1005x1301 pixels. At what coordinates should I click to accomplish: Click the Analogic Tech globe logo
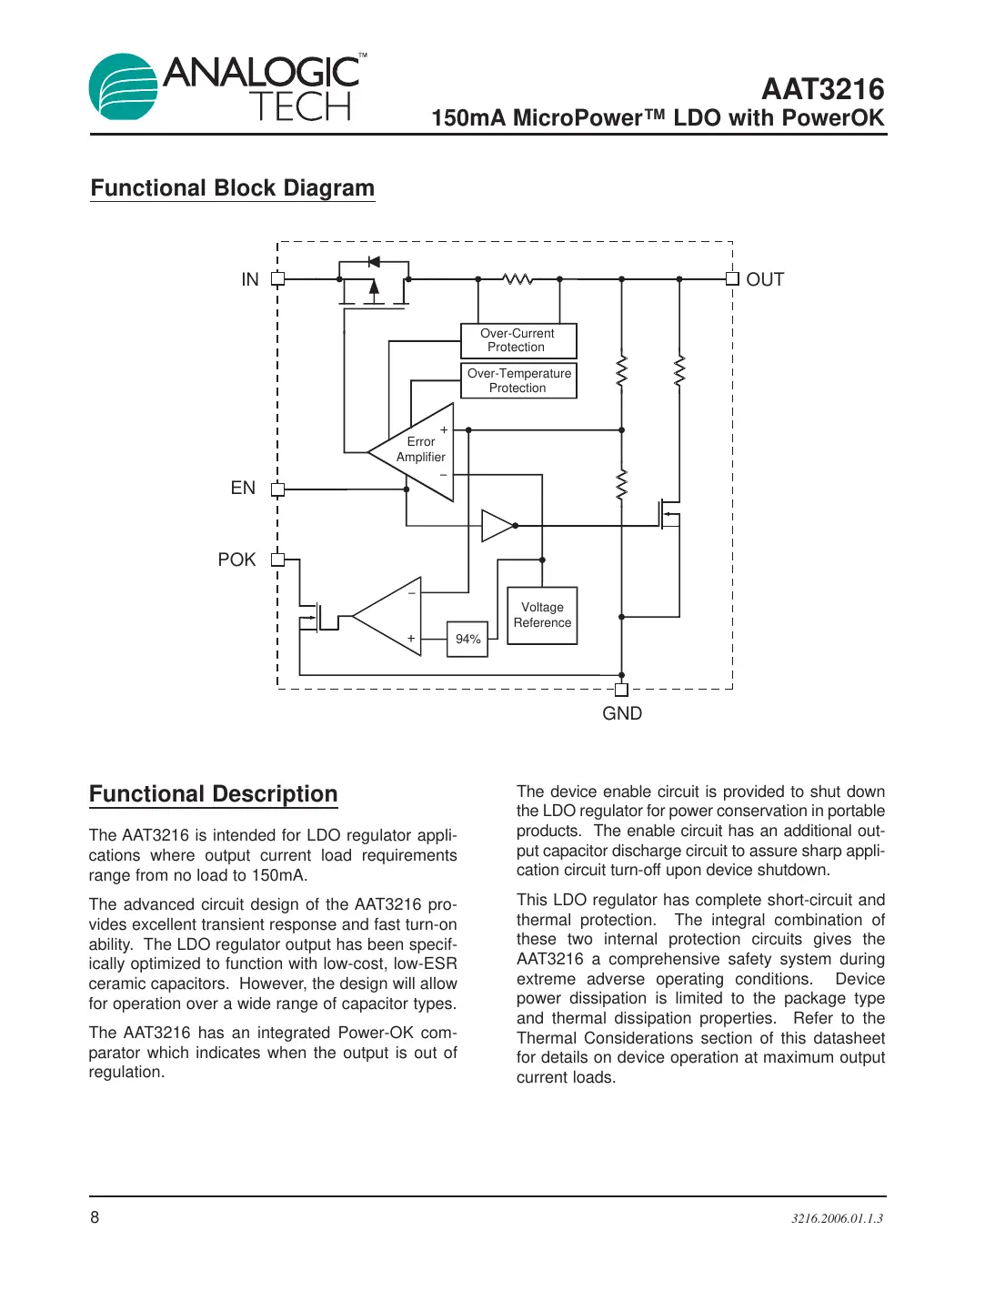coord(124,87)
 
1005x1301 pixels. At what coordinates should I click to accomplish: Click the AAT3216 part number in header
coord(822,89)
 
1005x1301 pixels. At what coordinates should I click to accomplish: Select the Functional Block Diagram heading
coord(232,188)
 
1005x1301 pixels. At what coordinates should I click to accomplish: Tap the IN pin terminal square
coord(278,279)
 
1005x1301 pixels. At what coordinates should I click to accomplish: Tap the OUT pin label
coord(764,280)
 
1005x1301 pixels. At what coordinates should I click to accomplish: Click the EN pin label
coord(243,489)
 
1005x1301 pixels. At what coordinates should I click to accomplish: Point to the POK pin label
coord(236,560)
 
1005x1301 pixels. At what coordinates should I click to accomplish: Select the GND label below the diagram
coord(622,714)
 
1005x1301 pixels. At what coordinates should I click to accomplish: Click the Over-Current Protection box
coord(518,341)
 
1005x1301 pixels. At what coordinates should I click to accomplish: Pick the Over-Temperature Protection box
coord(518,381)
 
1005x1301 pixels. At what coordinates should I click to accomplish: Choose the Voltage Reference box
coord(542,616)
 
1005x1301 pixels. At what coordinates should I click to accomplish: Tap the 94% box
coord(467,640)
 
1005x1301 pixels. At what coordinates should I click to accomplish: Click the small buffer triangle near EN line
coord(497,526)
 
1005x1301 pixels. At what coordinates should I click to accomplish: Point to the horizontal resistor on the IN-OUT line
coord(518,279)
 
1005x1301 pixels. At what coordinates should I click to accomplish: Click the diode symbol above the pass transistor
coord(373,262)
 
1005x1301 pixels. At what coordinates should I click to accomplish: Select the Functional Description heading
coord(213,794)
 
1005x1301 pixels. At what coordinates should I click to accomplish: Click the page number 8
coord(95,1217)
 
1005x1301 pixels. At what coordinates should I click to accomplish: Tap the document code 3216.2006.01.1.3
coord(837,1218)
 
